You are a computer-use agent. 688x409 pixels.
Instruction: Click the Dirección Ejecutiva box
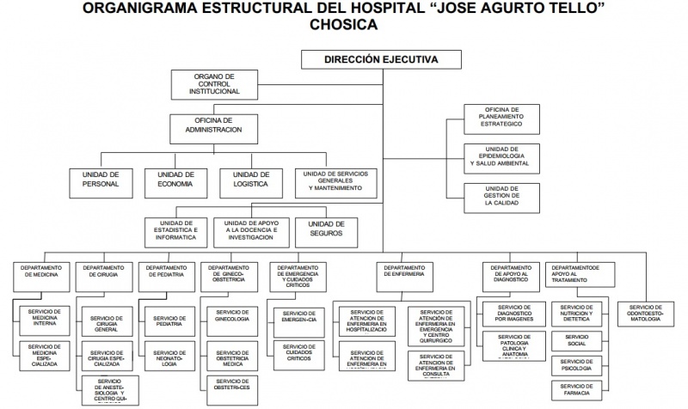(x=380, y=60)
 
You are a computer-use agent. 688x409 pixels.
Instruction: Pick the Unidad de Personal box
(x=100, y=178)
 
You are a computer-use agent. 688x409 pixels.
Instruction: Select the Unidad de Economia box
(x=175, y=178)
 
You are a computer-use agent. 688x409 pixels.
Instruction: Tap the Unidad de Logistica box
(x=250, y=178)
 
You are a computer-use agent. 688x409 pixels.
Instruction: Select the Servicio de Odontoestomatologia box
(x=645, y=313)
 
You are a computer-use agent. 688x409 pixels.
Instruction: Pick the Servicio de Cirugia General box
(x=106, y=323)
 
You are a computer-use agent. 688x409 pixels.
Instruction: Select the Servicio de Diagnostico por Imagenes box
(x=513, y=313)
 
